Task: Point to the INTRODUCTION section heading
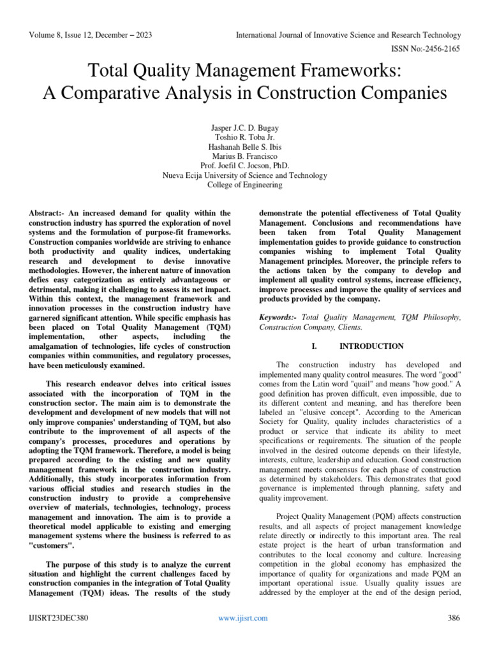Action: click(371, 346)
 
